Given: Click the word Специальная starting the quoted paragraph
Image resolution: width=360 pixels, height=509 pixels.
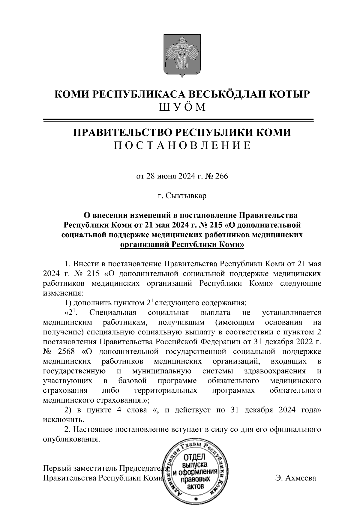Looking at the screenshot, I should click(x=112, y=313).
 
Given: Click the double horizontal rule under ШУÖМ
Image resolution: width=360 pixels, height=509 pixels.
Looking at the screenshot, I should click(x=179, y=120).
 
